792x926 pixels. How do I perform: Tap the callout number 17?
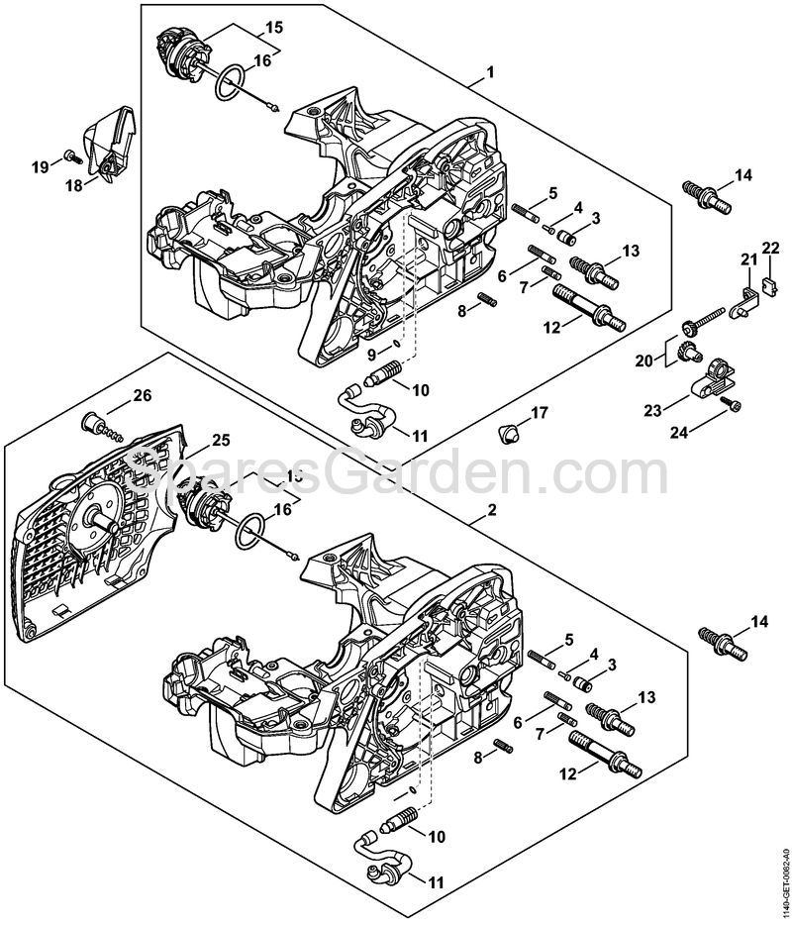(540, 411)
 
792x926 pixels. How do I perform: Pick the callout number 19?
(39, 167)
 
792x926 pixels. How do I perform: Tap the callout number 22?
(770, 248)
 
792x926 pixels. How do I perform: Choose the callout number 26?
(143, 397)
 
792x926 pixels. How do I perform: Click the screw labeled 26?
(98, 425)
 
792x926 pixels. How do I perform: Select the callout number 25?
(221, 439)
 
